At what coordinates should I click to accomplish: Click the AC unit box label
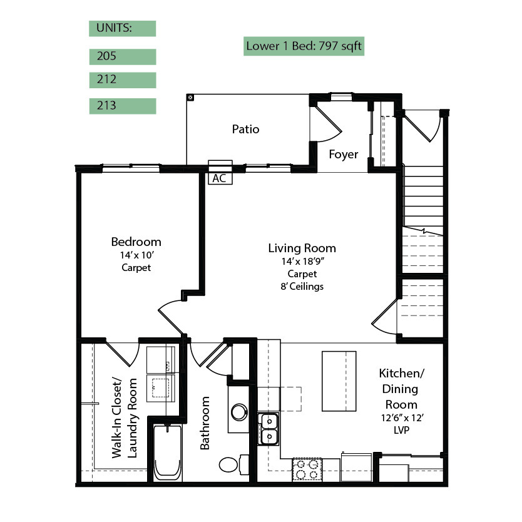point(220,178)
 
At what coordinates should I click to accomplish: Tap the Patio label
point(246,129)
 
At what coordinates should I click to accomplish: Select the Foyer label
point(343,155)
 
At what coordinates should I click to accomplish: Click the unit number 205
point(106,56)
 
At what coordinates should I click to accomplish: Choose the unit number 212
point(106,79)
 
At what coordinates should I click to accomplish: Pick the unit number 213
point(106,106)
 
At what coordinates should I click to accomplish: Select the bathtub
point(168,452)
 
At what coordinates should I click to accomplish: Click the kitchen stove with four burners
point(307,469)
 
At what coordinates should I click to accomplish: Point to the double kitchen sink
point(269,429)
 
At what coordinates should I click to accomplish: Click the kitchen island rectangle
point(339,381)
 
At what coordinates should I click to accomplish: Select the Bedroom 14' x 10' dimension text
point(136,255)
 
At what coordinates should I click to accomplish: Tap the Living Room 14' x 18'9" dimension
point(302,262)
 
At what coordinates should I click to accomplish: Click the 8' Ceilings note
point(302,287)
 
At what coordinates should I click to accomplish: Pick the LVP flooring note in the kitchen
point(401,430)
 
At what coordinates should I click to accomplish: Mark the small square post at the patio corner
point(190,98)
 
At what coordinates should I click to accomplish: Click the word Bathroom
point(205,422)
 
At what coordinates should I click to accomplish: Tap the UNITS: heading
point(114,28)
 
